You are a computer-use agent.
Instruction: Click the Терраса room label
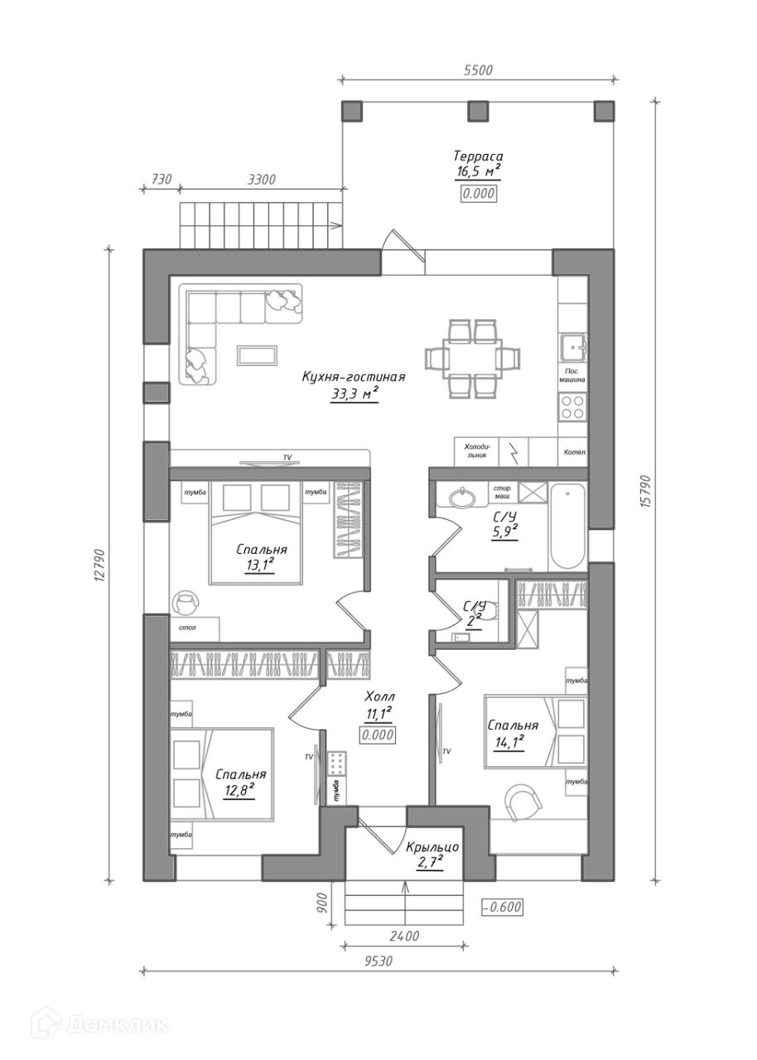coord(478,157)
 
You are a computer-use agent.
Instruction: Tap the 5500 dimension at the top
coord(478,70)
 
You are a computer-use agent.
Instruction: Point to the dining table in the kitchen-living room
coord(474,359)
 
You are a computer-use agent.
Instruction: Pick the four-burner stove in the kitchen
coord(572,406)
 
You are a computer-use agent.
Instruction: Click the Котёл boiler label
coord(573,452)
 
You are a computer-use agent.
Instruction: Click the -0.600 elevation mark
coord(503,907)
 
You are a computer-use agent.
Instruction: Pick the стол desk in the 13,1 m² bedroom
coord(195,629)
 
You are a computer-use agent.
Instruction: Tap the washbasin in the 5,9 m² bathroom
coord(461,498)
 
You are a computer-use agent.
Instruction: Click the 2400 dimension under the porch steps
coord(403,936)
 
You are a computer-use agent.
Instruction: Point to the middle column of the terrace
coord(478,111)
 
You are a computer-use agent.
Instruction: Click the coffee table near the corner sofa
coord(258,354)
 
